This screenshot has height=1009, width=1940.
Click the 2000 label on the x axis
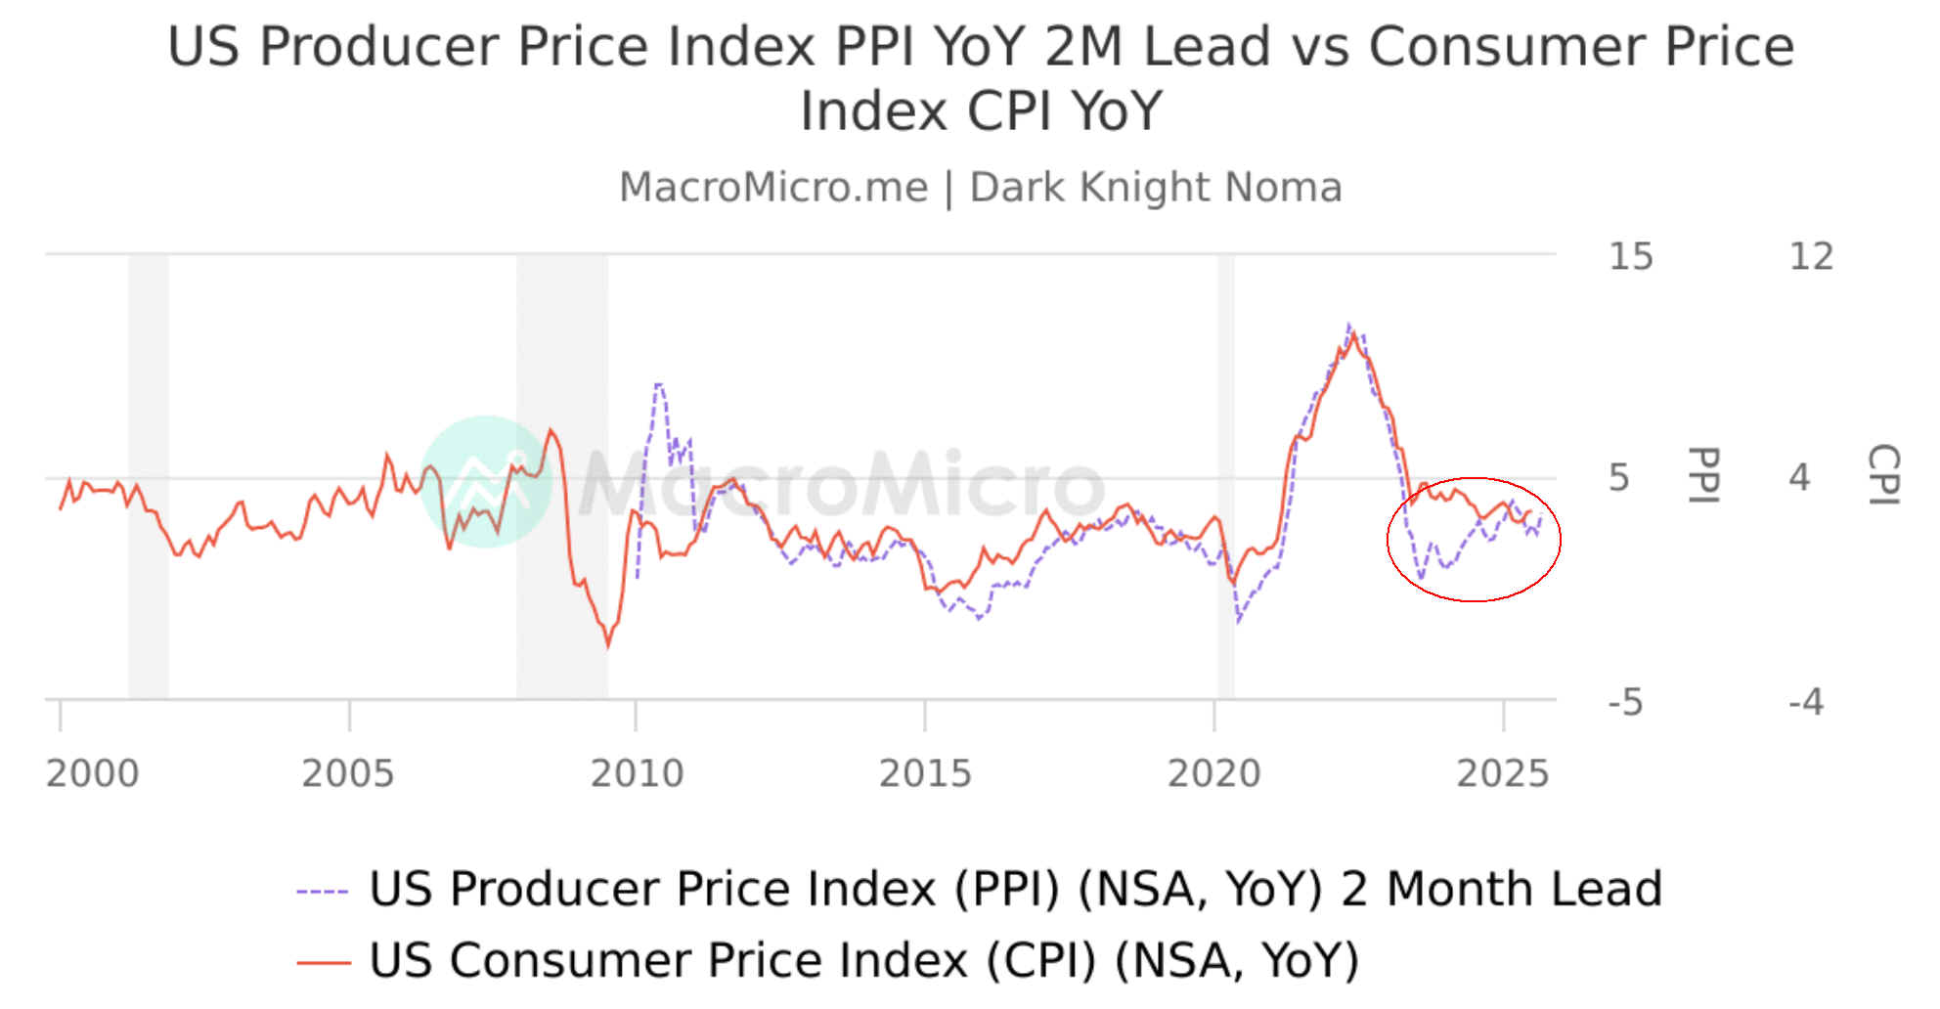[93, 773]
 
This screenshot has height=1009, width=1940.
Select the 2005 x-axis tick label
[347, 773]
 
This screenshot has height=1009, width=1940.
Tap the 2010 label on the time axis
[637, 773]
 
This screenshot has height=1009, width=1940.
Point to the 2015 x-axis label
[925, 773]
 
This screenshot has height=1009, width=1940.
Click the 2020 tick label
[1213, 773]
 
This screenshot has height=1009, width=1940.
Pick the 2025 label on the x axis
[1503, 773]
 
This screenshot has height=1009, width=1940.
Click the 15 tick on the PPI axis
[1630, 256]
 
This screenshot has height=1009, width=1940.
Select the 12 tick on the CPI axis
[1810, 256]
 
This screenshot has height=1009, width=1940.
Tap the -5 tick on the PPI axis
[1625, 702]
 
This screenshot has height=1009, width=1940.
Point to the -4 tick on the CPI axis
[1805, 702]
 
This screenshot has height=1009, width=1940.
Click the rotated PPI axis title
[1703, 476]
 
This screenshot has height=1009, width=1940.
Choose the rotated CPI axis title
[1883, 476]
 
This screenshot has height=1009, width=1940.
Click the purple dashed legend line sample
[323, 891]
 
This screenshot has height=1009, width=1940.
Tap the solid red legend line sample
[323, 962]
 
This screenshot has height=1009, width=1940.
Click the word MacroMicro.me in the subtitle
[773, 187]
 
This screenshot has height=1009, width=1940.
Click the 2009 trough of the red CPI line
[608, 645]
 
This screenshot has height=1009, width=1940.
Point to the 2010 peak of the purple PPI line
[658, 384]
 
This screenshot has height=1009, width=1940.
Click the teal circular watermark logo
[485, 480]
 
